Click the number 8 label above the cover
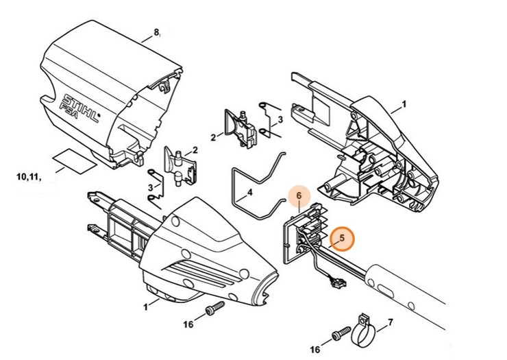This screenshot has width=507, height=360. click(x=156, y=32)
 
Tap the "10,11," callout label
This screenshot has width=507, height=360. click(x=27, y=177)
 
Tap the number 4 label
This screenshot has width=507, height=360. click(x=249, y=192)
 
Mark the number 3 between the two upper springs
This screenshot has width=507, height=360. click(x=280, y=119)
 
